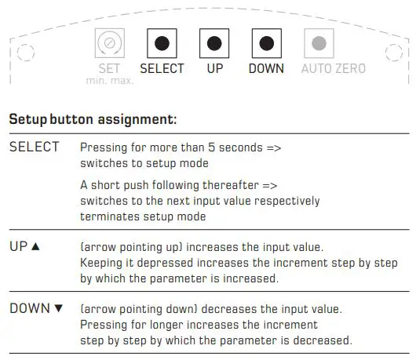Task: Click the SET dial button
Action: click(109, 43)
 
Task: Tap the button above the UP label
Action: click(214, 43)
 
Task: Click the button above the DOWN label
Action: click(266, 43)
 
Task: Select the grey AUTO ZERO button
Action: click(318, 43)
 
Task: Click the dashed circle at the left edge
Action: click(26, 53)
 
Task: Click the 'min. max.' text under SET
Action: click(110, 81)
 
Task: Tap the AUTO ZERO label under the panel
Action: click(334, 68)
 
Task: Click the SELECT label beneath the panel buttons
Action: click(162, 68)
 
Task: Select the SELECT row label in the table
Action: click(34, 147)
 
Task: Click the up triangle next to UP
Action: click(35, 246)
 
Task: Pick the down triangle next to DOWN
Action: click(57, 308)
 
